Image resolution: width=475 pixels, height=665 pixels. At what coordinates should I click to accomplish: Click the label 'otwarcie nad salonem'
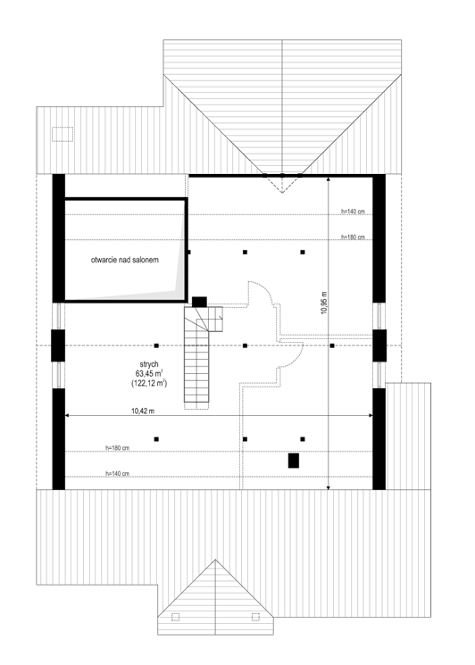(125, 260)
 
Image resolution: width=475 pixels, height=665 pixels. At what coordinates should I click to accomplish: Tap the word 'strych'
(149, 364)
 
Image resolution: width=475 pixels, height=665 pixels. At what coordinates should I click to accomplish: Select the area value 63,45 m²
(149, 374)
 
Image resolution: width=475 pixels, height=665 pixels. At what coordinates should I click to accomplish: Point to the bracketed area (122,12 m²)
(149, 384)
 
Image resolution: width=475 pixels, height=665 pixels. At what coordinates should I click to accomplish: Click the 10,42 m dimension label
(143, 411)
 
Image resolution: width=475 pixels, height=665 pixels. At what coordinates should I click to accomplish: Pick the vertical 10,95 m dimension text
(324, 303)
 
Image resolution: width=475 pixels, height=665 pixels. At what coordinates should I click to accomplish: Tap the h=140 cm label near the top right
(353, 212)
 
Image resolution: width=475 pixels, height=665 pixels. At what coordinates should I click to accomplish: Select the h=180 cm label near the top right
(353, 237)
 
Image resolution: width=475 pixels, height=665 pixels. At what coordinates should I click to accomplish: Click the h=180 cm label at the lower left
(118, 448)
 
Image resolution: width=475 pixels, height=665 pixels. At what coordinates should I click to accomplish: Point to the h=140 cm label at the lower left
(118, 474)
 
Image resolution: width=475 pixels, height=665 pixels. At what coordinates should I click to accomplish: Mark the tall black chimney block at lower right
(294, 461)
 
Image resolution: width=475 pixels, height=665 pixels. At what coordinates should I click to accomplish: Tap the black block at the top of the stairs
(199, 302)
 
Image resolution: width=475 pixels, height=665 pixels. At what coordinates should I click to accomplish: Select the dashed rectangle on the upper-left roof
(62, 134)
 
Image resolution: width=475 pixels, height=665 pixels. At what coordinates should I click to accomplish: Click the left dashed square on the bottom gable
(175, 617)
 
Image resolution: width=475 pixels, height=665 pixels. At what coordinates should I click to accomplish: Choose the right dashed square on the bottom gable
(255, 617)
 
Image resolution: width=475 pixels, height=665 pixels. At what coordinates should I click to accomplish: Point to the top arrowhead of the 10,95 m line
(329, 179)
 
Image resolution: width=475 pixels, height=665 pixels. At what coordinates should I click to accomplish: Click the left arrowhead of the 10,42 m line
(67, 416)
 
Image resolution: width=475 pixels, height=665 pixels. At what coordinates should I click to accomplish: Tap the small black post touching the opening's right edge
(188, 252)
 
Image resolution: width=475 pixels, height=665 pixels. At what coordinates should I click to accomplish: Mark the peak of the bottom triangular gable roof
(215, 560)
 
